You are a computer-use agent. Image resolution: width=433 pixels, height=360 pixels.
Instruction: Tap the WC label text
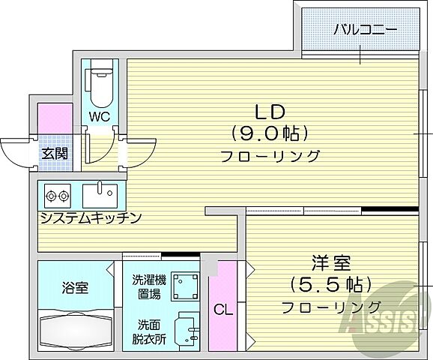100,116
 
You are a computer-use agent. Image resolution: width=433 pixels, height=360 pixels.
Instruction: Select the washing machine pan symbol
184,286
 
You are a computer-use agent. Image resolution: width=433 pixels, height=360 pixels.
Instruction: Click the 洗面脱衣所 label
147,331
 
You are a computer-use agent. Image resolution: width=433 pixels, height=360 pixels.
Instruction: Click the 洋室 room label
330,264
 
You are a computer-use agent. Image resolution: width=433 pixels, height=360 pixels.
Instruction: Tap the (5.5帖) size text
330,286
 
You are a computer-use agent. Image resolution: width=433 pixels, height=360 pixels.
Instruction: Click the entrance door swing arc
15,154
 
